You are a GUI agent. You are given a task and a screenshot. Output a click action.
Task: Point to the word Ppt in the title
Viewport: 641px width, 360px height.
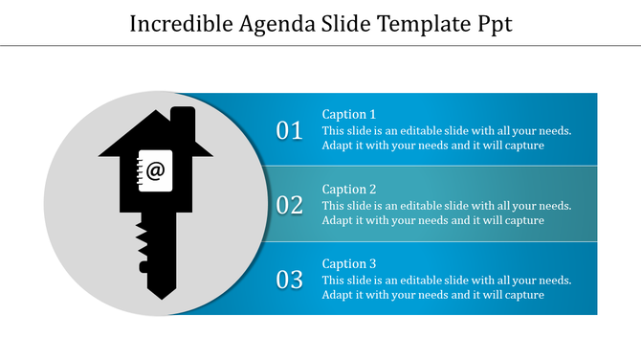[494, 24]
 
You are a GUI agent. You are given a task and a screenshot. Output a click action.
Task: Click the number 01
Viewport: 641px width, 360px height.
[290, 130]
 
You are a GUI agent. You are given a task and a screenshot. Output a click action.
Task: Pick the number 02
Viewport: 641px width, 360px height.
[290, 205]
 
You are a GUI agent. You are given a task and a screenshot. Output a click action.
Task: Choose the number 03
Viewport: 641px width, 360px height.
[290, 280]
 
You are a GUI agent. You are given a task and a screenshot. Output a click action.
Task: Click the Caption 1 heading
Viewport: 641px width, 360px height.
[349, 114]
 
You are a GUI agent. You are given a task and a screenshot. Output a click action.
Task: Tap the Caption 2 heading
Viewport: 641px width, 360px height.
[349, 189]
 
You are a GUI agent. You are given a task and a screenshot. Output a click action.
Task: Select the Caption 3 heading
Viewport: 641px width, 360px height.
[349, 263]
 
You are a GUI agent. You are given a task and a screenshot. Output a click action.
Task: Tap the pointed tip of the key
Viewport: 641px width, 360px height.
[158, 291]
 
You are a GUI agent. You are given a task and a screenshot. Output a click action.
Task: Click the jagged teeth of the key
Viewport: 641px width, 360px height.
[143, 244]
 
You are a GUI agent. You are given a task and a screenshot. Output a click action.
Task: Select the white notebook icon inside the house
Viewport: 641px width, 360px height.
[155, 172]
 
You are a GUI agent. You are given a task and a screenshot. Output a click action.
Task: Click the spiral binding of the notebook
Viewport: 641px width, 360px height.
[141, 172]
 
